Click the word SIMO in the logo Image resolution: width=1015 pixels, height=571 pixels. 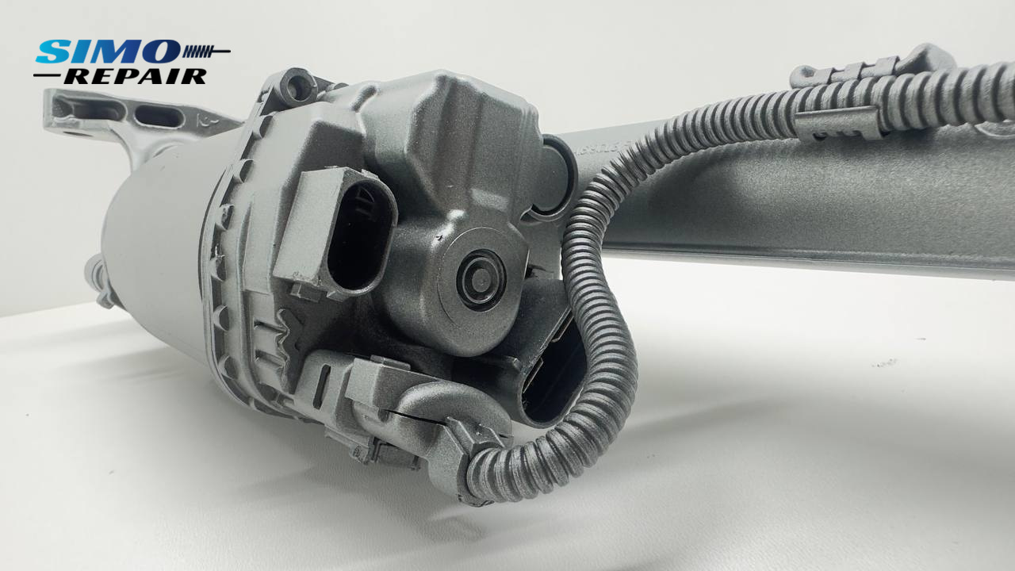[108, 52]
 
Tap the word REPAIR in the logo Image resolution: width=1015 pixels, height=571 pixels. [136, 77]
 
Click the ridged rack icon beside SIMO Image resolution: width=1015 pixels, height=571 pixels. [207, 52]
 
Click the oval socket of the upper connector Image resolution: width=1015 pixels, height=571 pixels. [360, 236]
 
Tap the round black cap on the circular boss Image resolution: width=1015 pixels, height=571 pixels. [481, 280]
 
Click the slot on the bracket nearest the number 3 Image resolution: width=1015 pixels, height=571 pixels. [159, 116]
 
